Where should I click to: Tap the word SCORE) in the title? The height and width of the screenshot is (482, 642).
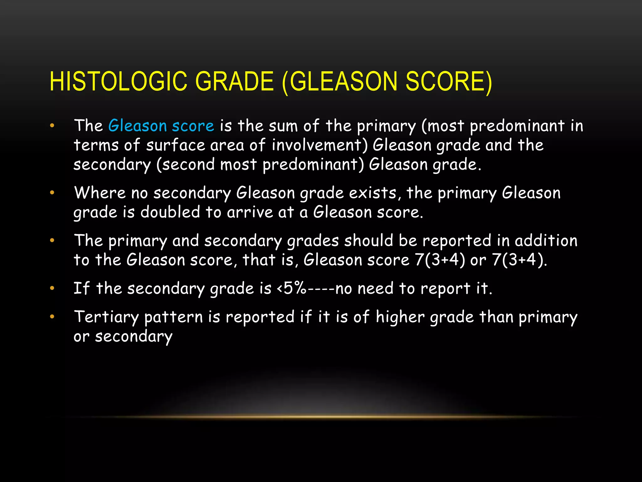(x=449, y=82)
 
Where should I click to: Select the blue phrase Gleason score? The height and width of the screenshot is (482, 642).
(x=161, y=126)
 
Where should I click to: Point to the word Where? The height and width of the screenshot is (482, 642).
(x=100, y=193)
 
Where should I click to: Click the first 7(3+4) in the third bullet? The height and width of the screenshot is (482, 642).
(x=440, y=260)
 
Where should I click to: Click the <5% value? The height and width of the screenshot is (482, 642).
(x=291, y=288)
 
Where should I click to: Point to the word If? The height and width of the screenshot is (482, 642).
(x=82, y=288)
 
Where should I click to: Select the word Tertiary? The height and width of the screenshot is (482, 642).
(x=106, y=317)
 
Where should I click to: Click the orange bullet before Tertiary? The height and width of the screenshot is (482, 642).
(x=52, y=317)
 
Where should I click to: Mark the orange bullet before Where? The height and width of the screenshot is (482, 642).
(x=52, y=193)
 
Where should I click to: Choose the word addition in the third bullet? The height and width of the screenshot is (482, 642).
(x=546, y=241)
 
